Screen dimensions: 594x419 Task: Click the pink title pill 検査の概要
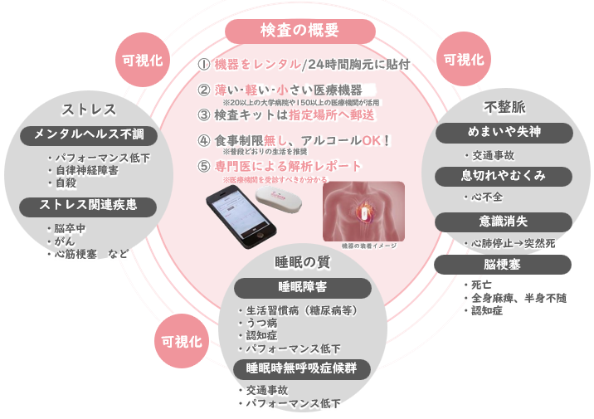coord(299,31)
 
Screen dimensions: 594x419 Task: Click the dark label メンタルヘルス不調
coord(88,134)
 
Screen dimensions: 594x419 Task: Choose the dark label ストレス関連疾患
coord(88,204)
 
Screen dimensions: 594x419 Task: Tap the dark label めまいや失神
coord(504,132)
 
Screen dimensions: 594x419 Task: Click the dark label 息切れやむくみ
coord(504,176)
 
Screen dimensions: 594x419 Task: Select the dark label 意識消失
coord(504,221)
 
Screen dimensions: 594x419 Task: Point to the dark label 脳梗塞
coord(504,264)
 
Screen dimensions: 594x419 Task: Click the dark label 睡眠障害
coord(301,287)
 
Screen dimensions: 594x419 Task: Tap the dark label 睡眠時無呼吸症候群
coord(301,368)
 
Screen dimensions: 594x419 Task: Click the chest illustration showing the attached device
coord(363,211)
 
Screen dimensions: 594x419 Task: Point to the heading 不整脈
coord(504,107)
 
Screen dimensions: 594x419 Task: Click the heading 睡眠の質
coord(302,262)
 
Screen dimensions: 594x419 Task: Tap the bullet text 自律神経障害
coord(88,170)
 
